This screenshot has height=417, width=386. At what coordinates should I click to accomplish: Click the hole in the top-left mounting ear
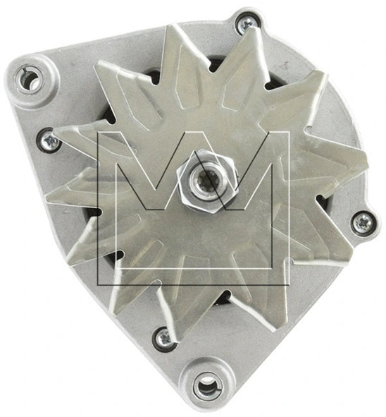(x=30, y=80)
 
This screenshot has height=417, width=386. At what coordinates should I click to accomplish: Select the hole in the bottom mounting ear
(x=206, y=385)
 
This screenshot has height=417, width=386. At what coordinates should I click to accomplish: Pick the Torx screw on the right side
(x=361, y=222)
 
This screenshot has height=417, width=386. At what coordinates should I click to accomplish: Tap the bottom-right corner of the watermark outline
(x=289, y=285)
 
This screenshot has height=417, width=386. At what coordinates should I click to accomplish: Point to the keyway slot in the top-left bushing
(x=22, y=73)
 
